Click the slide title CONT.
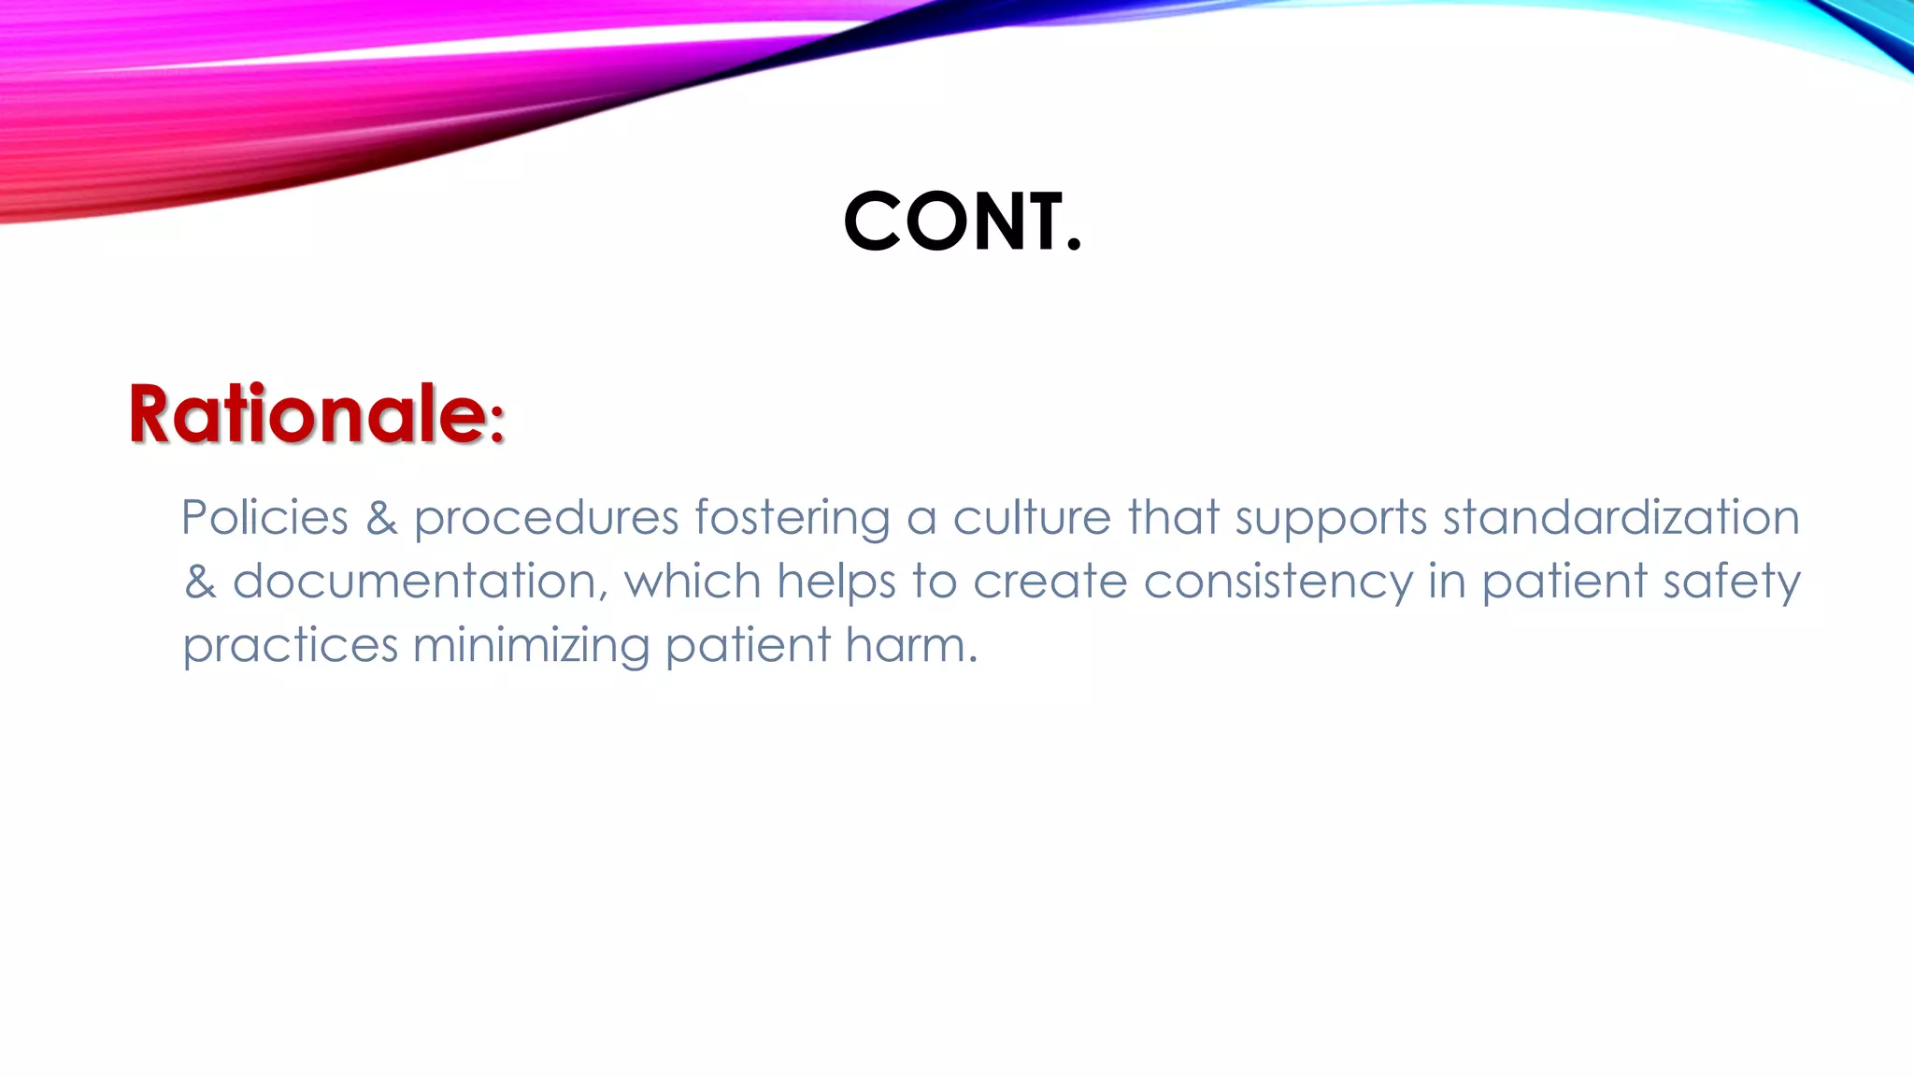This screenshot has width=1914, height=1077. coord(962,223)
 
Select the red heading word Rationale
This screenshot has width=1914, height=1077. coord(307,414)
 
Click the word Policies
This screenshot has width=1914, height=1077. coord(264,518)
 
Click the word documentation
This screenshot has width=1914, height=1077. coord(414,582)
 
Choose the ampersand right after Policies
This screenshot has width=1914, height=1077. coord(381,518)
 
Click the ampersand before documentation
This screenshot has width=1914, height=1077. coord(200,582)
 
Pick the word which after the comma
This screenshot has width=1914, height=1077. coord(693,582)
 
